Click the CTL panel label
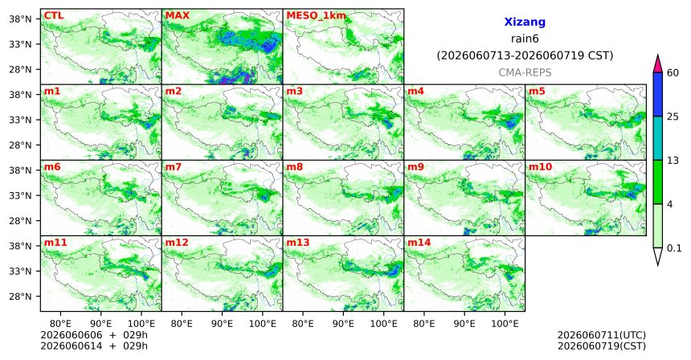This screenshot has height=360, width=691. tap(54, 16)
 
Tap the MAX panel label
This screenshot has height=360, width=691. tap(177, 16)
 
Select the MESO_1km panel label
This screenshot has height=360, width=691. tap(316, 16)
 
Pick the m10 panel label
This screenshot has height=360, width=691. tap(541, 167)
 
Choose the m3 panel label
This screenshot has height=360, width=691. tap(295, 92)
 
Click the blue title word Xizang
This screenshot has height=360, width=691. tap(525, 22)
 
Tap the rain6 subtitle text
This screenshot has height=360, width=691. tap(525, 39)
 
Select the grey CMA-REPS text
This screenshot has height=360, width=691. tap(525, 72)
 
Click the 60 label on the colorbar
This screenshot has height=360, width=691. tap(673, 73)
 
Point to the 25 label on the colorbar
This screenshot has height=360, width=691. tap(673, 117)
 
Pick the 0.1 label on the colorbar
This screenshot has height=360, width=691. tap(674, 248)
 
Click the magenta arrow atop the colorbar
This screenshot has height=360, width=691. tap(658, 63)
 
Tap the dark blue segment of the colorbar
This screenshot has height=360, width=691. tap(658, 94)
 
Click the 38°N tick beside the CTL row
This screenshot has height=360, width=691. tap(20, 19)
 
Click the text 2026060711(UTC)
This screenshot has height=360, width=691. tap(602, 336)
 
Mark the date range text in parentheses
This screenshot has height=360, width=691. tap(525, 55)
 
